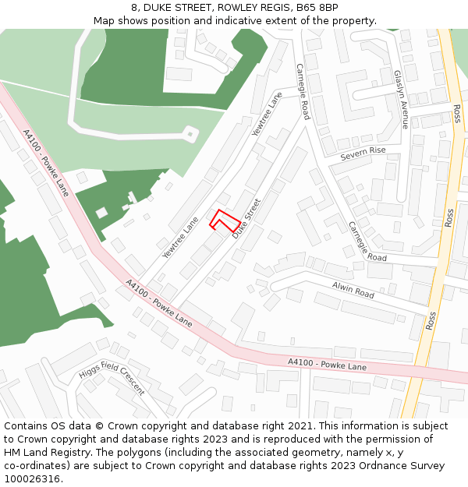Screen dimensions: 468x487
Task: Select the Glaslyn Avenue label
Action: pos(400,99)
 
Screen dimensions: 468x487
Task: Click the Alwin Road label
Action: pos(353,291)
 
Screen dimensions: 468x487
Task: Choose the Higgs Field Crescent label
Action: pos(112,381)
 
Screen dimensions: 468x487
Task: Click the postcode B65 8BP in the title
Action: pos(317,8)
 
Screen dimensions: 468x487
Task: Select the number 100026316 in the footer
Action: pos(34,479)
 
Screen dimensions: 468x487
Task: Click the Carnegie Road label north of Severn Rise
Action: pos(303,91)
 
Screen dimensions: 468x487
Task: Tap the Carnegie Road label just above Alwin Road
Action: pos(367,242)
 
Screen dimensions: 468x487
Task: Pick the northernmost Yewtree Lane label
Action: pos(268,115)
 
